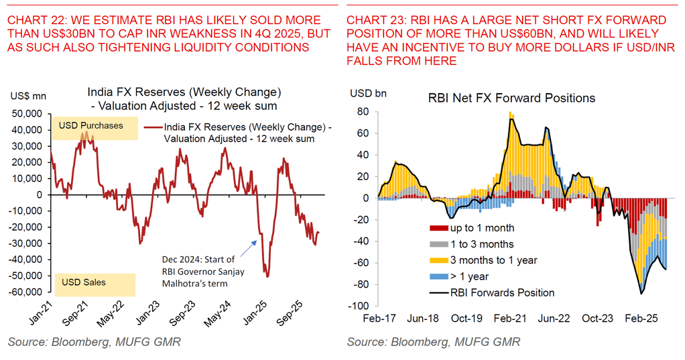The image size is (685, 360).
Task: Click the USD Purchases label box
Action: tap(91, 125)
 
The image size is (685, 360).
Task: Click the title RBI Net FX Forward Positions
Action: tap(511, 98)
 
